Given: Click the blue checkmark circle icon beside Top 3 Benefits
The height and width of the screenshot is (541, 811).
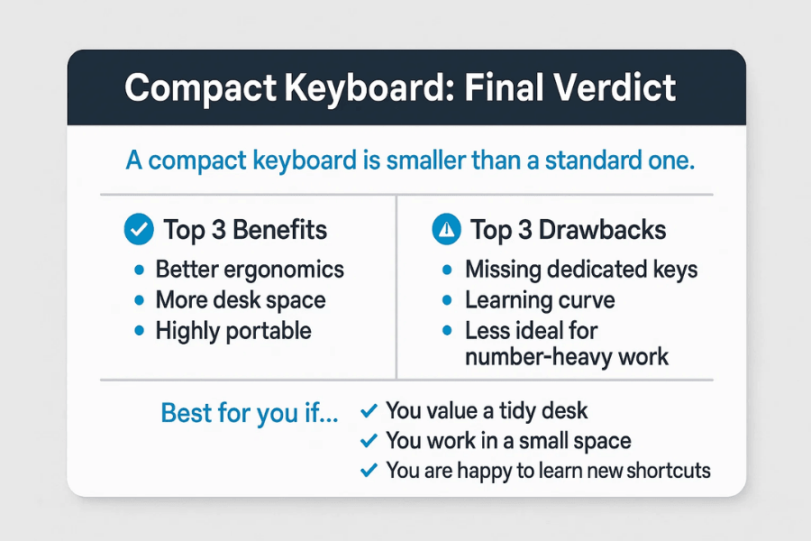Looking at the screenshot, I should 138,230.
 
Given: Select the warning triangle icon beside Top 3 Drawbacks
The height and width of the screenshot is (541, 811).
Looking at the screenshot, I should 446,230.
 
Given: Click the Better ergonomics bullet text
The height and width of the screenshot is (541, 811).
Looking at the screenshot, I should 250,270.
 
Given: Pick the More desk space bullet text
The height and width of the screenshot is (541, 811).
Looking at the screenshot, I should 241,300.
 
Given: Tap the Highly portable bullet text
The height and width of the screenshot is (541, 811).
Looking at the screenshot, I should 233,331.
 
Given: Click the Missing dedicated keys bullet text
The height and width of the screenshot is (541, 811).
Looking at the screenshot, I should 581,270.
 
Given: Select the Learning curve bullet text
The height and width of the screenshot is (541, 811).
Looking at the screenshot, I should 540,300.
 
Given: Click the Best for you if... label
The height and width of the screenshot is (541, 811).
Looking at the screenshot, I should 250,413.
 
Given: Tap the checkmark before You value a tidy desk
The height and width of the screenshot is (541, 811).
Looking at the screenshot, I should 368,411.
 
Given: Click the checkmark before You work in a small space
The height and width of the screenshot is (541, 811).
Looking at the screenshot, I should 368,441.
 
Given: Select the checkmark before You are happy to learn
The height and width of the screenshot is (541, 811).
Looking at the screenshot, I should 368,471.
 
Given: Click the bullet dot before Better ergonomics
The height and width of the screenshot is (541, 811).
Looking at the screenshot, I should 138,270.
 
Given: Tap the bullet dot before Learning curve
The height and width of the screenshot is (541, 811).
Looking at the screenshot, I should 447,301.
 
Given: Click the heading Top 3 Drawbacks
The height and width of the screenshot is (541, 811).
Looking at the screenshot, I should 568,230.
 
